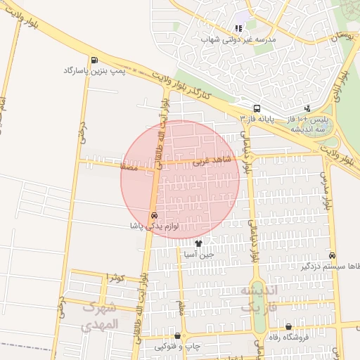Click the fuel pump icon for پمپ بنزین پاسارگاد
(95, 60)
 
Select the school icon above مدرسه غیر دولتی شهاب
(239, 28)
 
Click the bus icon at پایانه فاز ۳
(257, 109)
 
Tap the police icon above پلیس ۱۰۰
(307, 108)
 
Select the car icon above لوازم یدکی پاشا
(154, 215)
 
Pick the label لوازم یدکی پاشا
(155, 226)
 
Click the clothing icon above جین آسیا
(199, 244)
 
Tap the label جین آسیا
(197, 255)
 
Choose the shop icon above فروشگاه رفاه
(289, 327)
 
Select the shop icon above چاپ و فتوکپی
(177, 336)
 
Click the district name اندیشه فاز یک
(260, 299)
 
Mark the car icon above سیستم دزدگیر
(332, 256)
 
